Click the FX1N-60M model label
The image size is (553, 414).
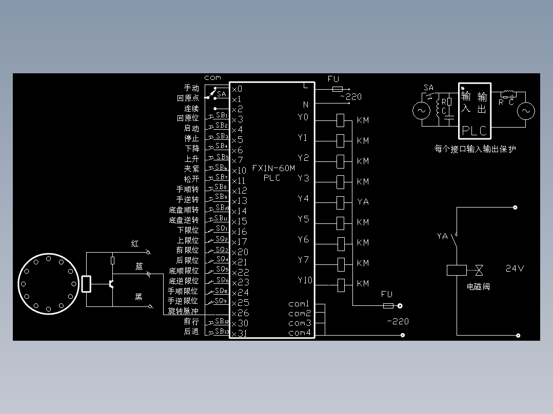click(273, 168)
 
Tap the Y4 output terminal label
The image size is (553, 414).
click(303, 199)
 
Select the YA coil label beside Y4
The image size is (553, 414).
click(363, 202)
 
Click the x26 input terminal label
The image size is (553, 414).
click(240, 313)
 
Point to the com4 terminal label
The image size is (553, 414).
click(300, 333)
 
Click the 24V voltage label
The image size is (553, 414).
click(515, 268)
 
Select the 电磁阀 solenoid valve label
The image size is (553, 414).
click(478, 286)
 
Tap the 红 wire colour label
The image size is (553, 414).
click(135, 244)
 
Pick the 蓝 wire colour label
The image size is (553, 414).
click(139, 266)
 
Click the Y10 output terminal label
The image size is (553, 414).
click(305, 280)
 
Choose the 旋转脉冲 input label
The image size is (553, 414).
click(183, 311)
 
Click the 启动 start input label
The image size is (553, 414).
click(191, 129)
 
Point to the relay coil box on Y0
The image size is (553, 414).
click(341, 120)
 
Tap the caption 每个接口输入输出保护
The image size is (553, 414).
click(475, 149)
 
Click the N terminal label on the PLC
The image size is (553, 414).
click(305, 105)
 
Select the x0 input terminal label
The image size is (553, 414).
click(236, 89)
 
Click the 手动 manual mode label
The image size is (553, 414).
click(191, 89)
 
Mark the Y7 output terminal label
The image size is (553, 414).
click(303, 260)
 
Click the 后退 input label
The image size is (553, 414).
click(191, 332)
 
